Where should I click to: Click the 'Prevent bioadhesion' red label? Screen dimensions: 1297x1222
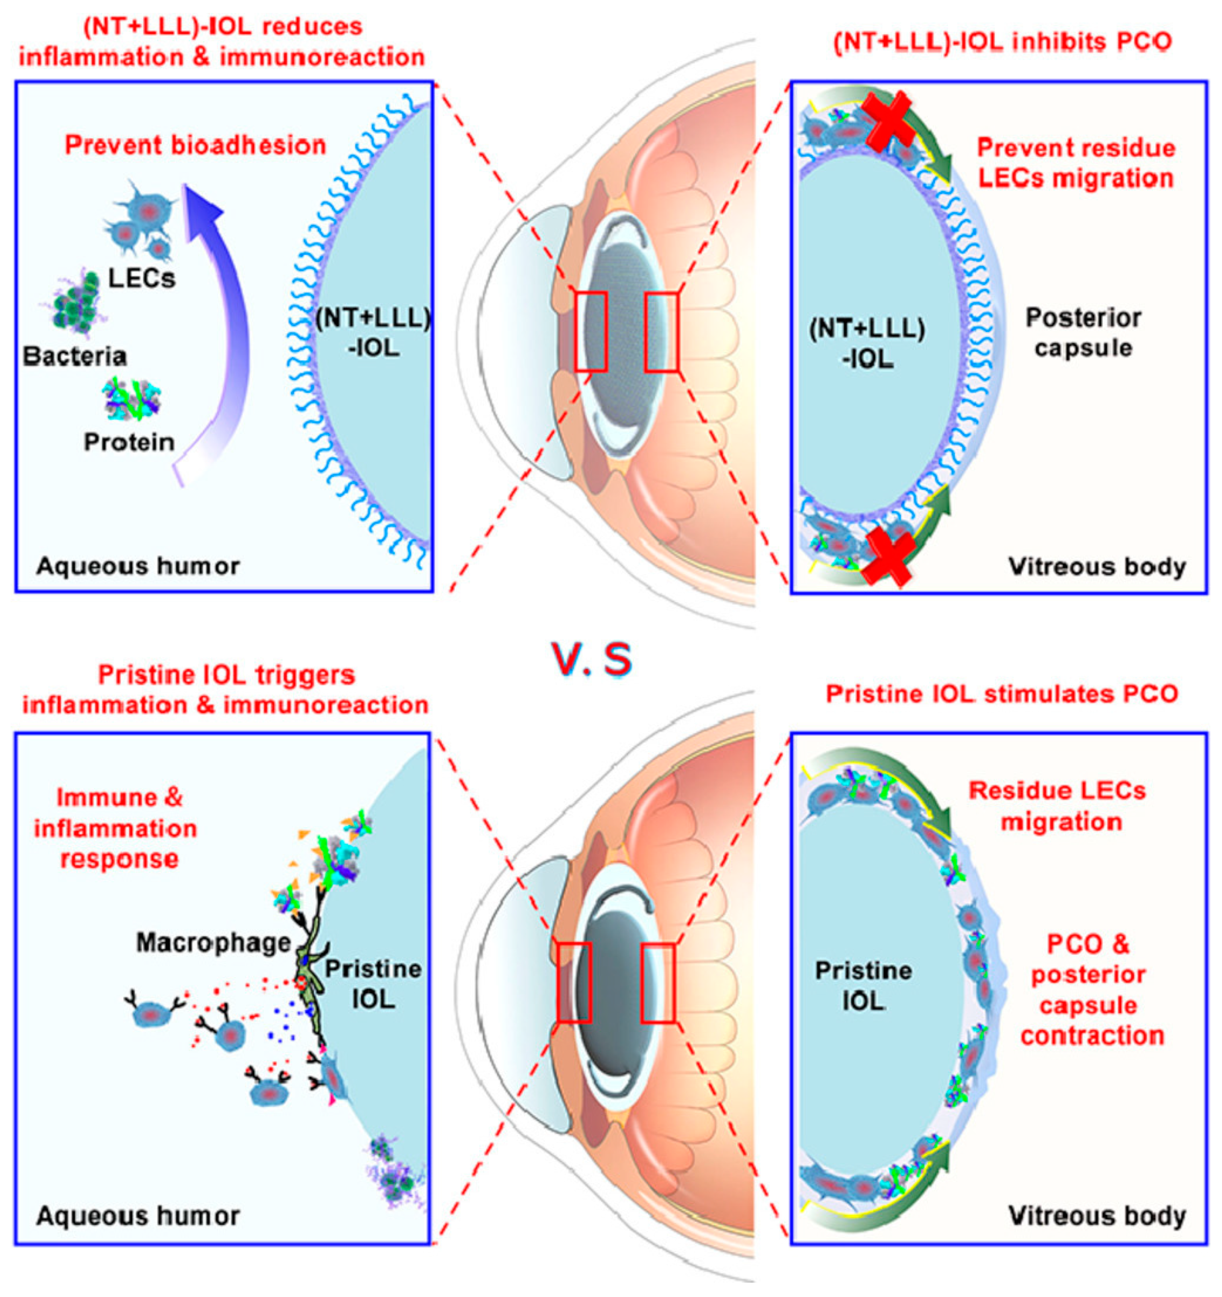[x=195, y=145]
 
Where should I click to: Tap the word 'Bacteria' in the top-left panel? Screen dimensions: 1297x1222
[x=75, y=356]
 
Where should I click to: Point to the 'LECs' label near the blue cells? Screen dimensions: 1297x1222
[x=141, y=279]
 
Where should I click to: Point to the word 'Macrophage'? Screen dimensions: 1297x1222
[x=213, y=942]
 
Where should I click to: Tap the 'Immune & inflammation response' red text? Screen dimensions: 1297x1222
[x=117, y=828]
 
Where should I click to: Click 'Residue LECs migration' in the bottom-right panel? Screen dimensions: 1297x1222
[x=1057, y=806]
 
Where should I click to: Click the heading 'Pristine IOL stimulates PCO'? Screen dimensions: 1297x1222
[x=1002, y=693]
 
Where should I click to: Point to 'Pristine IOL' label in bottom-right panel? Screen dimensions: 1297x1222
[x=863, y=985]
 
